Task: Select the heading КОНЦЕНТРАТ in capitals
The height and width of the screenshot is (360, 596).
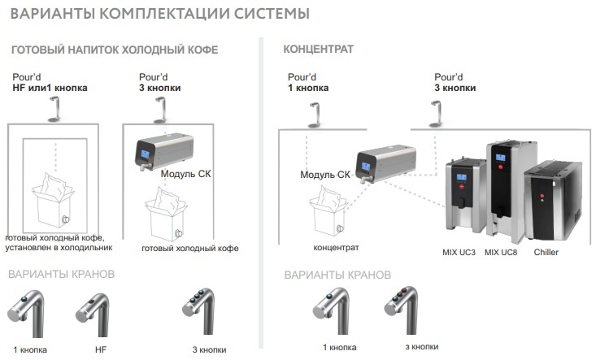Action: pos(318,50)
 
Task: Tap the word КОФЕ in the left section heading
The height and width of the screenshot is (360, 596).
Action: pos(198,50)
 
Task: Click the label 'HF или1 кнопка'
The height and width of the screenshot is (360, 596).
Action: pos(50,87)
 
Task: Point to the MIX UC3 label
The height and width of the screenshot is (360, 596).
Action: pos(460,253)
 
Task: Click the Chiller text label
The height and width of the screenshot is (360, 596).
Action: pos(546,253)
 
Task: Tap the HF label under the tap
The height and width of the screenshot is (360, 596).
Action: pos(101,349)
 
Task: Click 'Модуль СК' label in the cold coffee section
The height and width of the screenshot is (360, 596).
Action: pos(187,174)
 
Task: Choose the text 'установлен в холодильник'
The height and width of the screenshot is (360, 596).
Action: pos(59,247)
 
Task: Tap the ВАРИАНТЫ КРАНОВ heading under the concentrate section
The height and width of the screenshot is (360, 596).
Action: pos(337,275)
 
